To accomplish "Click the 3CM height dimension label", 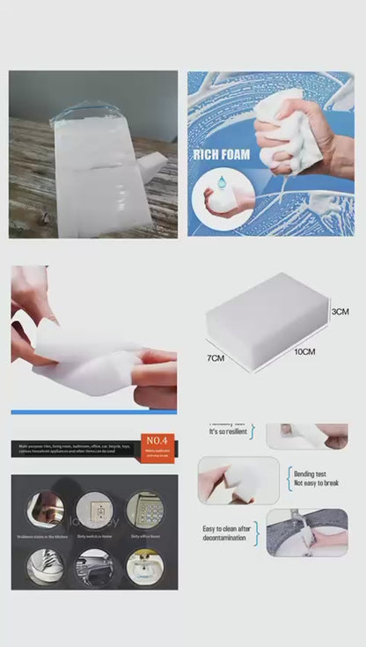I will pos(340,312).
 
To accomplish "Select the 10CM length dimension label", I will pos(304,351).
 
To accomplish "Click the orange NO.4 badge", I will pos(158,437).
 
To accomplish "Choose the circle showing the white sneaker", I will pos(44,565).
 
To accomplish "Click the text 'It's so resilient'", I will pos(226,432).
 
